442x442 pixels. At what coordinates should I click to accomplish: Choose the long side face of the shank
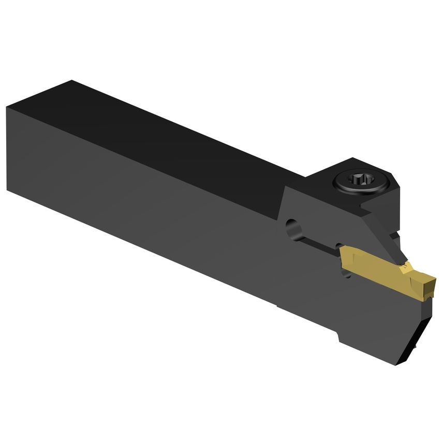point(155,207)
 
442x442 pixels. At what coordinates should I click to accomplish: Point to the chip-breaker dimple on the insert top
point(409,269)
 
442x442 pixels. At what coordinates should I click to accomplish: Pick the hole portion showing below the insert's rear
point(346,272)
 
